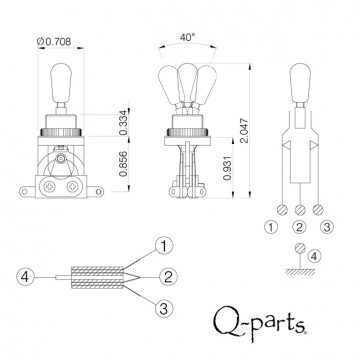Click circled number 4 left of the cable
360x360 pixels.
[x=27, y=276]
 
